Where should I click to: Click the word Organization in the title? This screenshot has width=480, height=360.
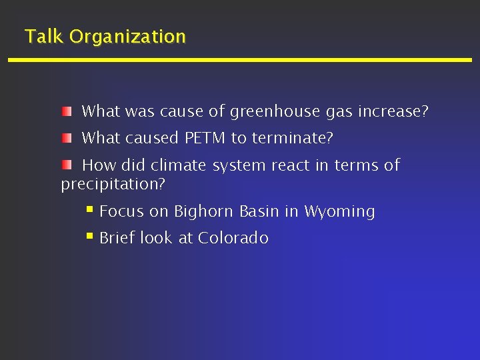click(x=127, y=37)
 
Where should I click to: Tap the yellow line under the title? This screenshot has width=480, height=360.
click(x=240, y=60)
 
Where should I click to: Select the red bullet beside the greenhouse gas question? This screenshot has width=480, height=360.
click(x=67, y=111)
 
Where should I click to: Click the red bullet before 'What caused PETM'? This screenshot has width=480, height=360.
click(x=67, y=137)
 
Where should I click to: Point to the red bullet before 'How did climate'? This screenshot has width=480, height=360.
click(x=67, y=164)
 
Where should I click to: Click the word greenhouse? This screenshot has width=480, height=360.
click(x=275, y=112)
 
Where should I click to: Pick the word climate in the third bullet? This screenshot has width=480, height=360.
click(x=179, y=165)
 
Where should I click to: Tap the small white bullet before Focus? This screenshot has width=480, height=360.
click(x=90, y=211)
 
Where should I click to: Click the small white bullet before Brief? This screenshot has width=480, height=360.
click(x=90, y=237)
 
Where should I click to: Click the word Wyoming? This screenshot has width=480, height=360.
click(x=339, y=212)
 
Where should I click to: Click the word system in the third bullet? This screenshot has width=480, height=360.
click(x=233, y=165)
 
